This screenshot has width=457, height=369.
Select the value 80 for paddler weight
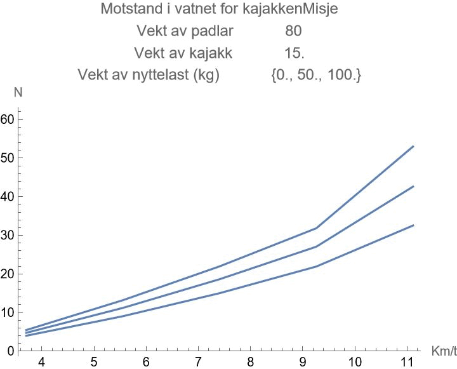(x=293, y=31)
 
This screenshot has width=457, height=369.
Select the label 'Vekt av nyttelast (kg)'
(x=148, y=76)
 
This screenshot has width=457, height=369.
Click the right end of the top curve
(x=414, y=146)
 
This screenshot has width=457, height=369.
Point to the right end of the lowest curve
(x=414, y=225)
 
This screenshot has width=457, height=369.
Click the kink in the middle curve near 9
(x=316, y=246)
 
